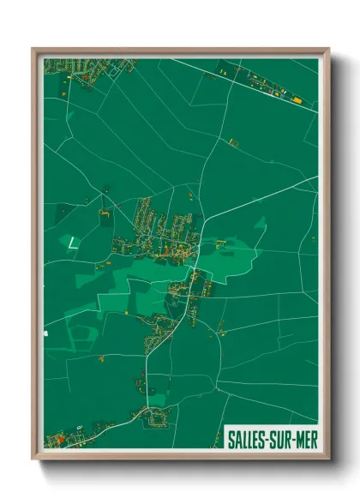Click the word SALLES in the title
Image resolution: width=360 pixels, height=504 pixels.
pos(247,439)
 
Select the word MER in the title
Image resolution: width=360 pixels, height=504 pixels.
pos(304,439)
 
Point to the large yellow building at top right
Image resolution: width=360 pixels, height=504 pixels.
pos(297,100)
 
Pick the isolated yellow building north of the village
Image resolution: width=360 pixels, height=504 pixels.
pos(231,139)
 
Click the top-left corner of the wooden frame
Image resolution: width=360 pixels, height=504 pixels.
pos(33,49)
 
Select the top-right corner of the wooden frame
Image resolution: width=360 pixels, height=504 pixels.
pos(328,49)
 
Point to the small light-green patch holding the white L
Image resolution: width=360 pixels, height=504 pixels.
pos(72,242)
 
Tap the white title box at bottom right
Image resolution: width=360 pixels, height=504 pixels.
pos(271,439)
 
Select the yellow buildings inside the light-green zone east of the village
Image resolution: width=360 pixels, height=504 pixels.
pos(222,243)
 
